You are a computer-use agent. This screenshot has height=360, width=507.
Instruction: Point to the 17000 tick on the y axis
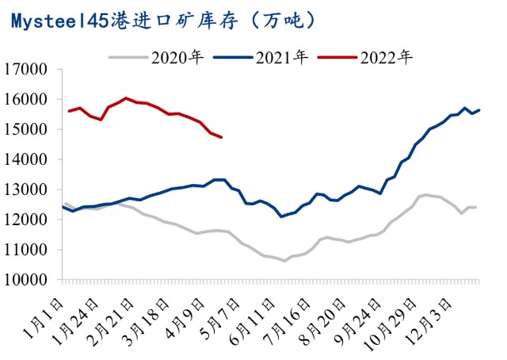[x=32, y=69]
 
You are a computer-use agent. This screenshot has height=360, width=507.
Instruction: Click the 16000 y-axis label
[x=32, y=99]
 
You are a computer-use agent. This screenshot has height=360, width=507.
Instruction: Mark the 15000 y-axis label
[x=32, y=129]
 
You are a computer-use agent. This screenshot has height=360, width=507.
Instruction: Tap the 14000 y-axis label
[x=32, y=159]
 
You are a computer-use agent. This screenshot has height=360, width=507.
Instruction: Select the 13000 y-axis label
[x=32, y=190]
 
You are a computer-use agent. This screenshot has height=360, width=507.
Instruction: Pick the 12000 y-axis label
[x=32, y=220]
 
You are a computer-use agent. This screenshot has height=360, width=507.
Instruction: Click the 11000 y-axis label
[x=32, y=250]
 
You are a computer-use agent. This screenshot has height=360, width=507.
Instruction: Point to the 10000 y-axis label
[x=32, y=280]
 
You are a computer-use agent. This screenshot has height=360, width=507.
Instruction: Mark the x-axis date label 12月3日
[x=435, y=309]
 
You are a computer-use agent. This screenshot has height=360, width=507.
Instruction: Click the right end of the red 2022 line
[x=221, y=138]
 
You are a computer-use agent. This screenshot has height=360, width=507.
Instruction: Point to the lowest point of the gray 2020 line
[x=284, y=260]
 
